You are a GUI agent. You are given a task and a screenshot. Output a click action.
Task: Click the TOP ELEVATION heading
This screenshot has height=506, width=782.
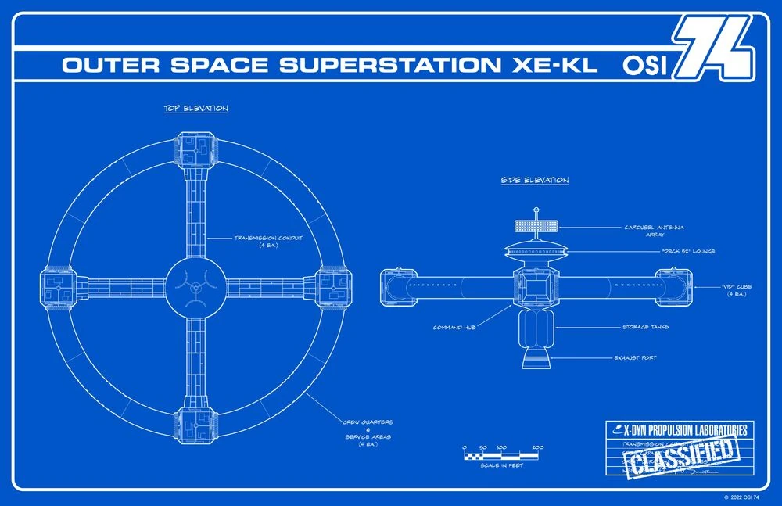tap(196, 109)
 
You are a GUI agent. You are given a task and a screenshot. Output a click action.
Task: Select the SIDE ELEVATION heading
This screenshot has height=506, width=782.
tap(535, 181)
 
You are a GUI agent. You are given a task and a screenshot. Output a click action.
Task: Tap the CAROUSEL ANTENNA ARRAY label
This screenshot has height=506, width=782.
tap(654, 231)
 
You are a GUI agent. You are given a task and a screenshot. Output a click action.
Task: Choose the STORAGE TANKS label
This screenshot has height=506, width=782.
tap(645, 327)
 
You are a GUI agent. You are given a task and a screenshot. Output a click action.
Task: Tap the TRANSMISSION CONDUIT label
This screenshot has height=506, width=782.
tap(270, 241)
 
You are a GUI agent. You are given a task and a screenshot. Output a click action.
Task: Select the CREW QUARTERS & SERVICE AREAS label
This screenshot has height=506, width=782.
tap(368, 432)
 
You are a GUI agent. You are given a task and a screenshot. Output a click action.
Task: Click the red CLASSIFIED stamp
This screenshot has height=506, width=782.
tap(683, 454)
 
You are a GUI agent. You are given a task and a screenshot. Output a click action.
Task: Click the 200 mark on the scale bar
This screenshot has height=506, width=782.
tap(538, 448)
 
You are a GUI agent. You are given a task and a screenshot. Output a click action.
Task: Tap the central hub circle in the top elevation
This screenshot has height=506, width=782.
tap(195, 288)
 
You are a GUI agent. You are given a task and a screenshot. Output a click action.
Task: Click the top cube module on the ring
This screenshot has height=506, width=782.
tap(195, 149)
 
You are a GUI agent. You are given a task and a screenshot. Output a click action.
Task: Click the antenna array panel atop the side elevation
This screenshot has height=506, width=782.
tap(536, 226)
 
